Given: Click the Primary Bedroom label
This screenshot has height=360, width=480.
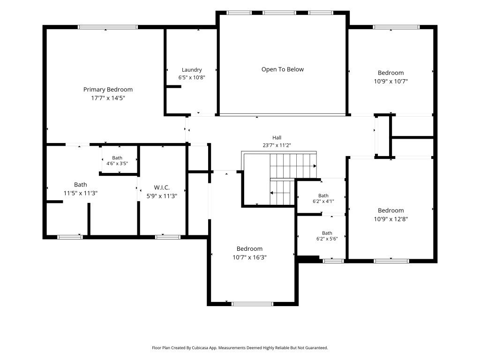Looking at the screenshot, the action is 108,90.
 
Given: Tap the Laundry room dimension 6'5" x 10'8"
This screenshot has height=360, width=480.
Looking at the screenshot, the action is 192,77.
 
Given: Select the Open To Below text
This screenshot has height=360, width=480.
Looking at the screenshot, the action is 283,69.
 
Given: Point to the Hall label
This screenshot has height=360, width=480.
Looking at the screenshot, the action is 277,138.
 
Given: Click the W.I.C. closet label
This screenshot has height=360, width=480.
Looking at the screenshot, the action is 162,187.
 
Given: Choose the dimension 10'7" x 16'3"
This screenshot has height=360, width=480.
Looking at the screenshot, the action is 249,257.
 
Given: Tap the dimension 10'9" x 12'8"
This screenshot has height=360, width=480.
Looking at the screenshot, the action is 391,219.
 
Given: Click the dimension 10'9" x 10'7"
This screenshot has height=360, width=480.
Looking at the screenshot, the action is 391,81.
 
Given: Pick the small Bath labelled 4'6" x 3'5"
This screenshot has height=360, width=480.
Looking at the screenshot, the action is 117,161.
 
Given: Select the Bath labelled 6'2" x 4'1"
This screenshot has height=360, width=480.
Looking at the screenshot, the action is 323,198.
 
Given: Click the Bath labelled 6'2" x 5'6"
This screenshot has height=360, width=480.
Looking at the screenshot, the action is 327,236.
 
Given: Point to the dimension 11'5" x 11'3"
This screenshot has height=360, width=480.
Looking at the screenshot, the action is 81,193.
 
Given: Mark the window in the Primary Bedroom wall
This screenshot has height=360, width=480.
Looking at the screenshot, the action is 108,27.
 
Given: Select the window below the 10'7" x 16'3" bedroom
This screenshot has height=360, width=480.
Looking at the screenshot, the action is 252,304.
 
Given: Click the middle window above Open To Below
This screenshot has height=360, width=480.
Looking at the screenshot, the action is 279,13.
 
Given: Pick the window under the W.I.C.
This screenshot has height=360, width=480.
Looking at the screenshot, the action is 168,237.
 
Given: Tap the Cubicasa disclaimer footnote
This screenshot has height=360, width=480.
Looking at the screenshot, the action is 240,348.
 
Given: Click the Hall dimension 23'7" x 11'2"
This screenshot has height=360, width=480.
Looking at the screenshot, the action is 277,145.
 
